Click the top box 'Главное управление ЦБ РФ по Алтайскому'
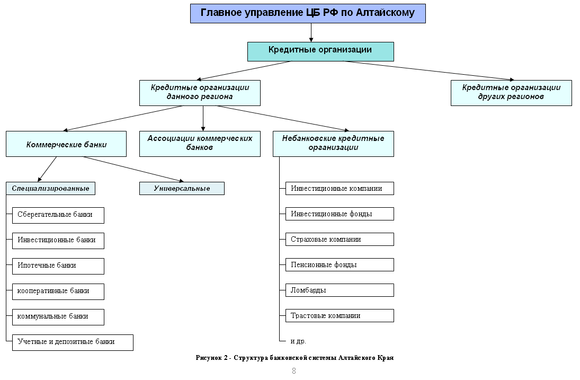pos(308,13)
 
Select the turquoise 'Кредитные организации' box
pos(320,51)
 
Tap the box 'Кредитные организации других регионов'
pos(511,92)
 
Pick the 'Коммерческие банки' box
pos(66,144)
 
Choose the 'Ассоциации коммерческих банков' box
pos(200,143)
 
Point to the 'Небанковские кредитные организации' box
pos(333,143)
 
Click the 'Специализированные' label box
pos(51,188)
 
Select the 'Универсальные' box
pos(182,188)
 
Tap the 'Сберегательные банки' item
pos(58,215)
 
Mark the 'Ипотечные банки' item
pos(58,266)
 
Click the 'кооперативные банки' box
pos(58,291)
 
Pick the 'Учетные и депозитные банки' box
pos(73,342)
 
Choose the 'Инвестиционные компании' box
pos(340,188)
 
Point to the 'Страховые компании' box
pos(340,239)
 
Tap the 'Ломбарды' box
pos(340,290)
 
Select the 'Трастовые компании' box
pos(340,315)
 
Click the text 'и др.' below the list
pos(298,341)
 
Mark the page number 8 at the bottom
pos(294,371)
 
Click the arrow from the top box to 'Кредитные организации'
pos(311,32)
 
